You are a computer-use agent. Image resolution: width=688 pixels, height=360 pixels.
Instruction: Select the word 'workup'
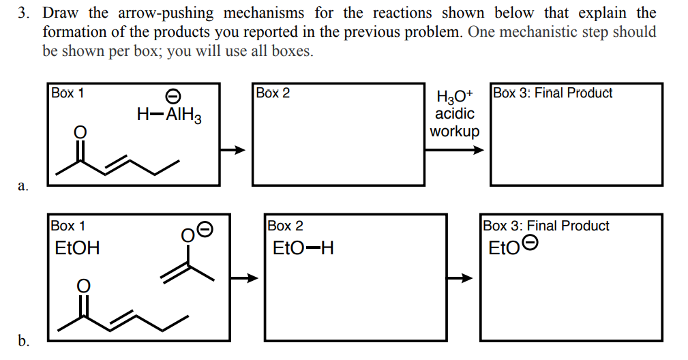[x=455, y=130]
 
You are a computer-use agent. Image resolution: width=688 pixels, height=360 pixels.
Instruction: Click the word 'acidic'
[x=455, y=113]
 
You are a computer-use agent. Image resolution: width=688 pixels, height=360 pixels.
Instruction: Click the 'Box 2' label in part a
[x=273, y=93]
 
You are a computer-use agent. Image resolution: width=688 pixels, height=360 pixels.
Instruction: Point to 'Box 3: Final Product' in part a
[x=553, y=93]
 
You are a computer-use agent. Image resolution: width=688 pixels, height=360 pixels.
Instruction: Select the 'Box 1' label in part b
[x=68, y=226]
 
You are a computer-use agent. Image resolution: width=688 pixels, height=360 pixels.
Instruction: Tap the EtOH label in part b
[x=77, y=248]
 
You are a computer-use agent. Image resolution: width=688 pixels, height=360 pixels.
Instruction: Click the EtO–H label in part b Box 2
[x=303, y=248]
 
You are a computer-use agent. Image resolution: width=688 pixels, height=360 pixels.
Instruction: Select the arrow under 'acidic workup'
[x=455, y=149]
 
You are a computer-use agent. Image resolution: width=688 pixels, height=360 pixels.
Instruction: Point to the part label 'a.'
[x=23, y=185]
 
